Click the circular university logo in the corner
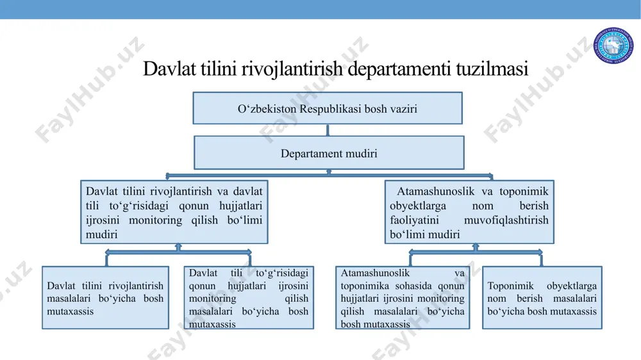tap(613, 45)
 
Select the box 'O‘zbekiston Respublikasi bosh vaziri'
tap(328, 108)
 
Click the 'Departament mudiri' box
tap(329, 153)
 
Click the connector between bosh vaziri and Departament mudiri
tap(328, 130)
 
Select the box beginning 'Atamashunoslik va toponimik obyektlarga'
tap(469, 212)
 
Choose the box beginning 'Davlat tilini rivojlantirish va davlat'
tap(174, 212)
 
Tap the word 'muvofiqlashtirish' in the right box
tap(506, 220)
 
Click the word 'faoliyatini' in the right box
tap(414, 220)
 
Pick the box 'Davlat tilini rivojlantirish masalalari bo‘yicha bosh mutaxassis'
tap(106, 298)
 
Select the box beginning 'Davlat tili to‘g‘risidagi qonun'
tap(249, 298)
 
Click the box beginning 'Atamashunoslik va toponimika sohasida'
tap(403, 298)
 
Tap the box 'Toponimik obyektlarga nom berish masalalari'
tap(542, 298)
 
